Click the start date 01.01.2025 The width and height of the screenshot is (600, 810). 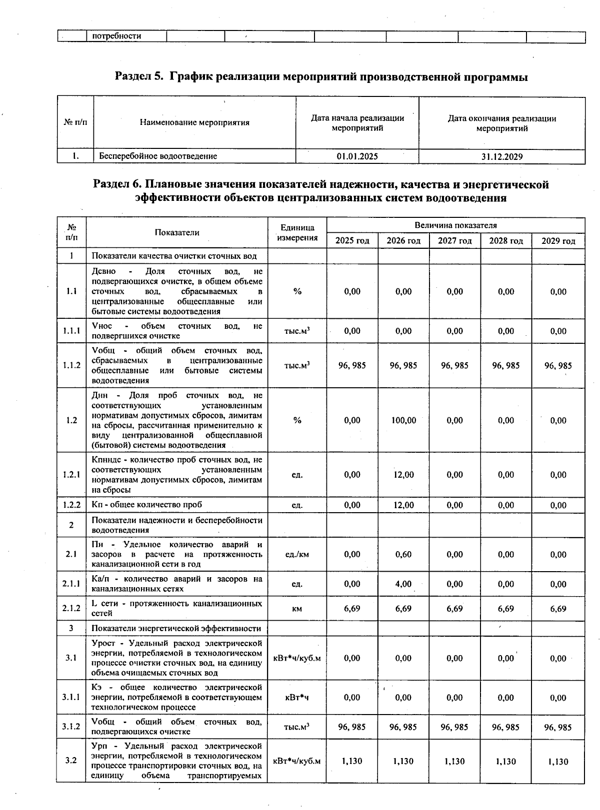tap(357, 156)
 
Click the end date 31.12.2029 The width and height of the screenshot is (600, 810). tap(502, 156)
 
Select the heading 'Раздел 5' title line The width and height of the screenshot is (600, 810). tap(321, 77)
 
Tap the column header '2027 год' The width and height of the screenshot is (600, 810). tap(454, 241)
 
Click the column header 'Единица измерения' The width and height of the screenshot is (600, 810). tap(297, 233)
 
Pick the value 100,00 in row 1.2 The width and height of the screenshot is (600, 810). tap(403, 420)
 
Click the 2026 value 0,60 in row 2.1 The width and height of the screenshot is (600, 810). tap(403, 554)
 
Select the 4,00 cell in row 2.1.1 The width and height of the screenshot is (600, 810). tap(403, 584)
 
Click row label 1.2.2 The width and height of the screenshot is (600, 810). tap(71, 505)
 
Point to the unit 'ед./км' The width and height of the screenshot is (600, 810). tap(297, 554)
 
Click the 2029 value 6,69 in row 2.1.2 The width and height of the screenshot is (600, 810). tap(558, 609)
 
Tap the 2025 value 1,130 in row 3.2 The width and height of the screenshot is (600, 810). tap(352, 761)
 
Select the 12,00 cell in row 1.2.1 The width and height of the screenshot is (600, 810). tap(403, 475)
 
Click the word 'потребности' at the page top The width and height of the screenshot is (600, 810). tap(116, 36)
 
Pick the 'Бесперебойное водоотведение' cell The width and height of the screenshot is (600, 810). tap(158, 156)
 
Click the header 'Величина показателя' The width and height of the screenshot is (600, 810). tap(455, 225)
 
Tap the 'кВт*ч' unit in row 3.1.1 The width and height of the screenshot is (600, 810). tap(297, 698)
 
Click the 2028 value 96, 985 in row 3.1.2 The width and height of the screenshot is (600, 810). tap(505, 727)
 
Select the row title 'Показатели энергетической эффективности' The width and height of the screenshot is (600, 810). tap(176, 628)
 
